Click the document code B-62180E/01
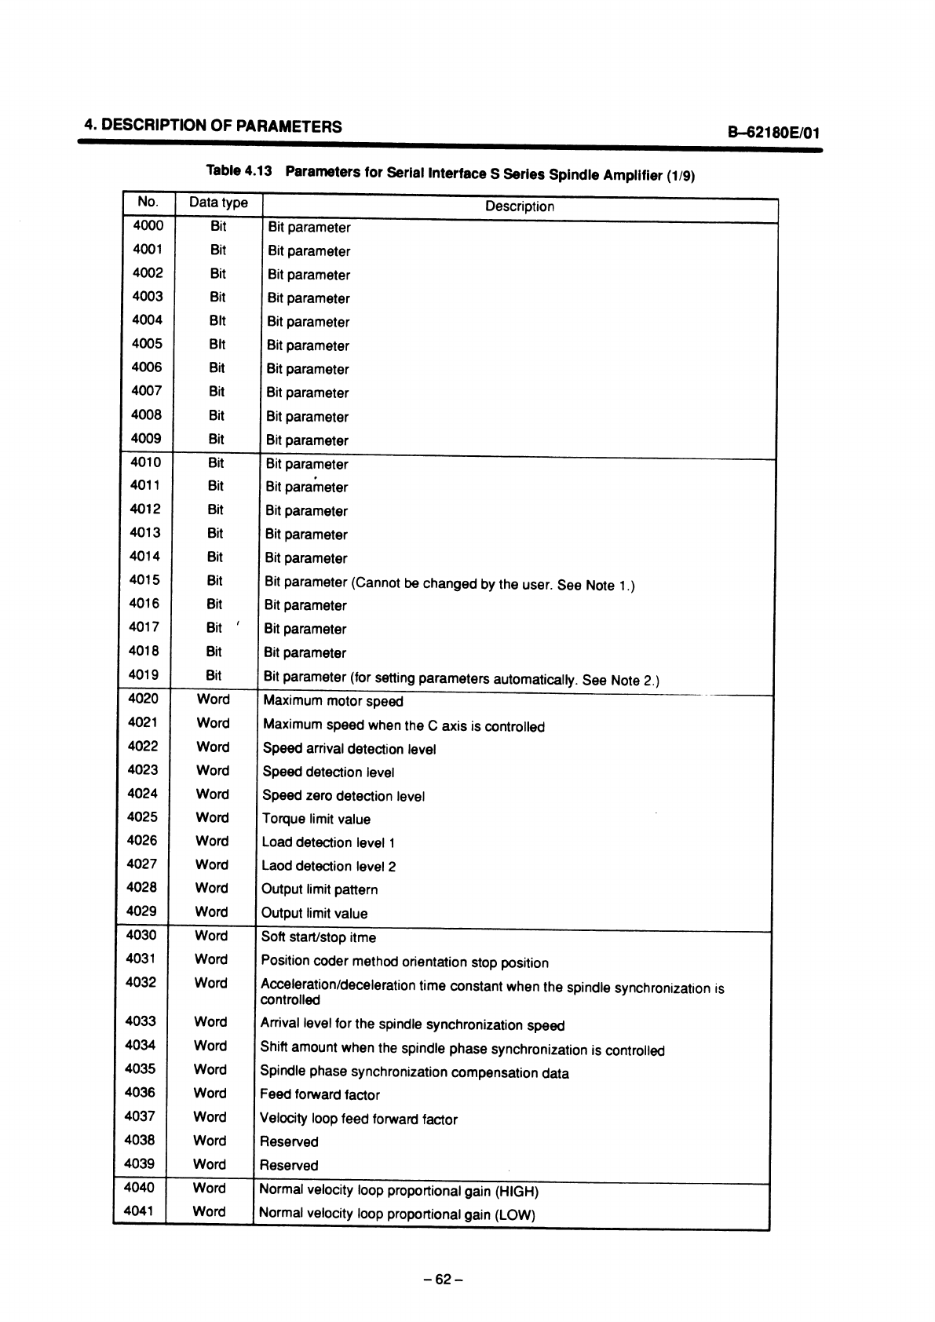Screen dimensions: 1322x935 pos(774,132)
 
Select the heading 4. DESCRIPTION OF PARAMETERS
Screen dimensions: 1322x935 pos(214,126)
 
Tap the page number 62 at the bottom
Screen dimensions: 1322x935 pos(443,1279)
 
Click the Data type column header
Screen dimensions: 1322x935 pos(218,203)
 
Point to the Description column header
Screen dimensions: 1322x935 pos(519,206)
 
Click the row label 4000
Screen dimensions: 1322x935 pos(148,226)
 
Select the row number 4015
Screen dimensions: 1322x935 pos(145,580)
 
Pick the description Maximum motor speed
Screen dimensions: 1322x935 pos(333,701)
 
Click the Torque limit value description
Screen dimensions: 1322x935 pos(316,819)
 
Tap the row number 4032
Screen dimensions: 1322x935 pos(141,982)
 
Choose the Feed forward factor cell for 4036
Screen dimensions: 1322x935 pos(320,1094)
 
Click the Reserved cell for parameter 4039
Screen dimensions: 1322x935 pos(289,1165)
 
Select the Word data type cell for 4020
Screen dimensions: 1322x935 pos(214,699)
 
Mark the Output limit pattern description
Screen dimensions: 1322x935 pos(320,889)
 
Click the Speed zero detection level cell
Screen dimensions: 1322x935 pos(343,796)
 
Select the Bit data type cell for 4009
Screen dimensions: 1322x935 pos(216,439)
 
